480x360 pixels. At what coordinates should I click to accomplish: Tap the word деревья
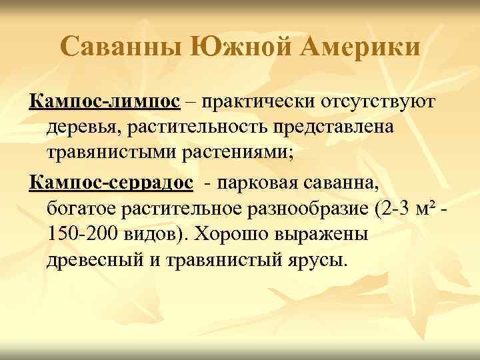[83, 127]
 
